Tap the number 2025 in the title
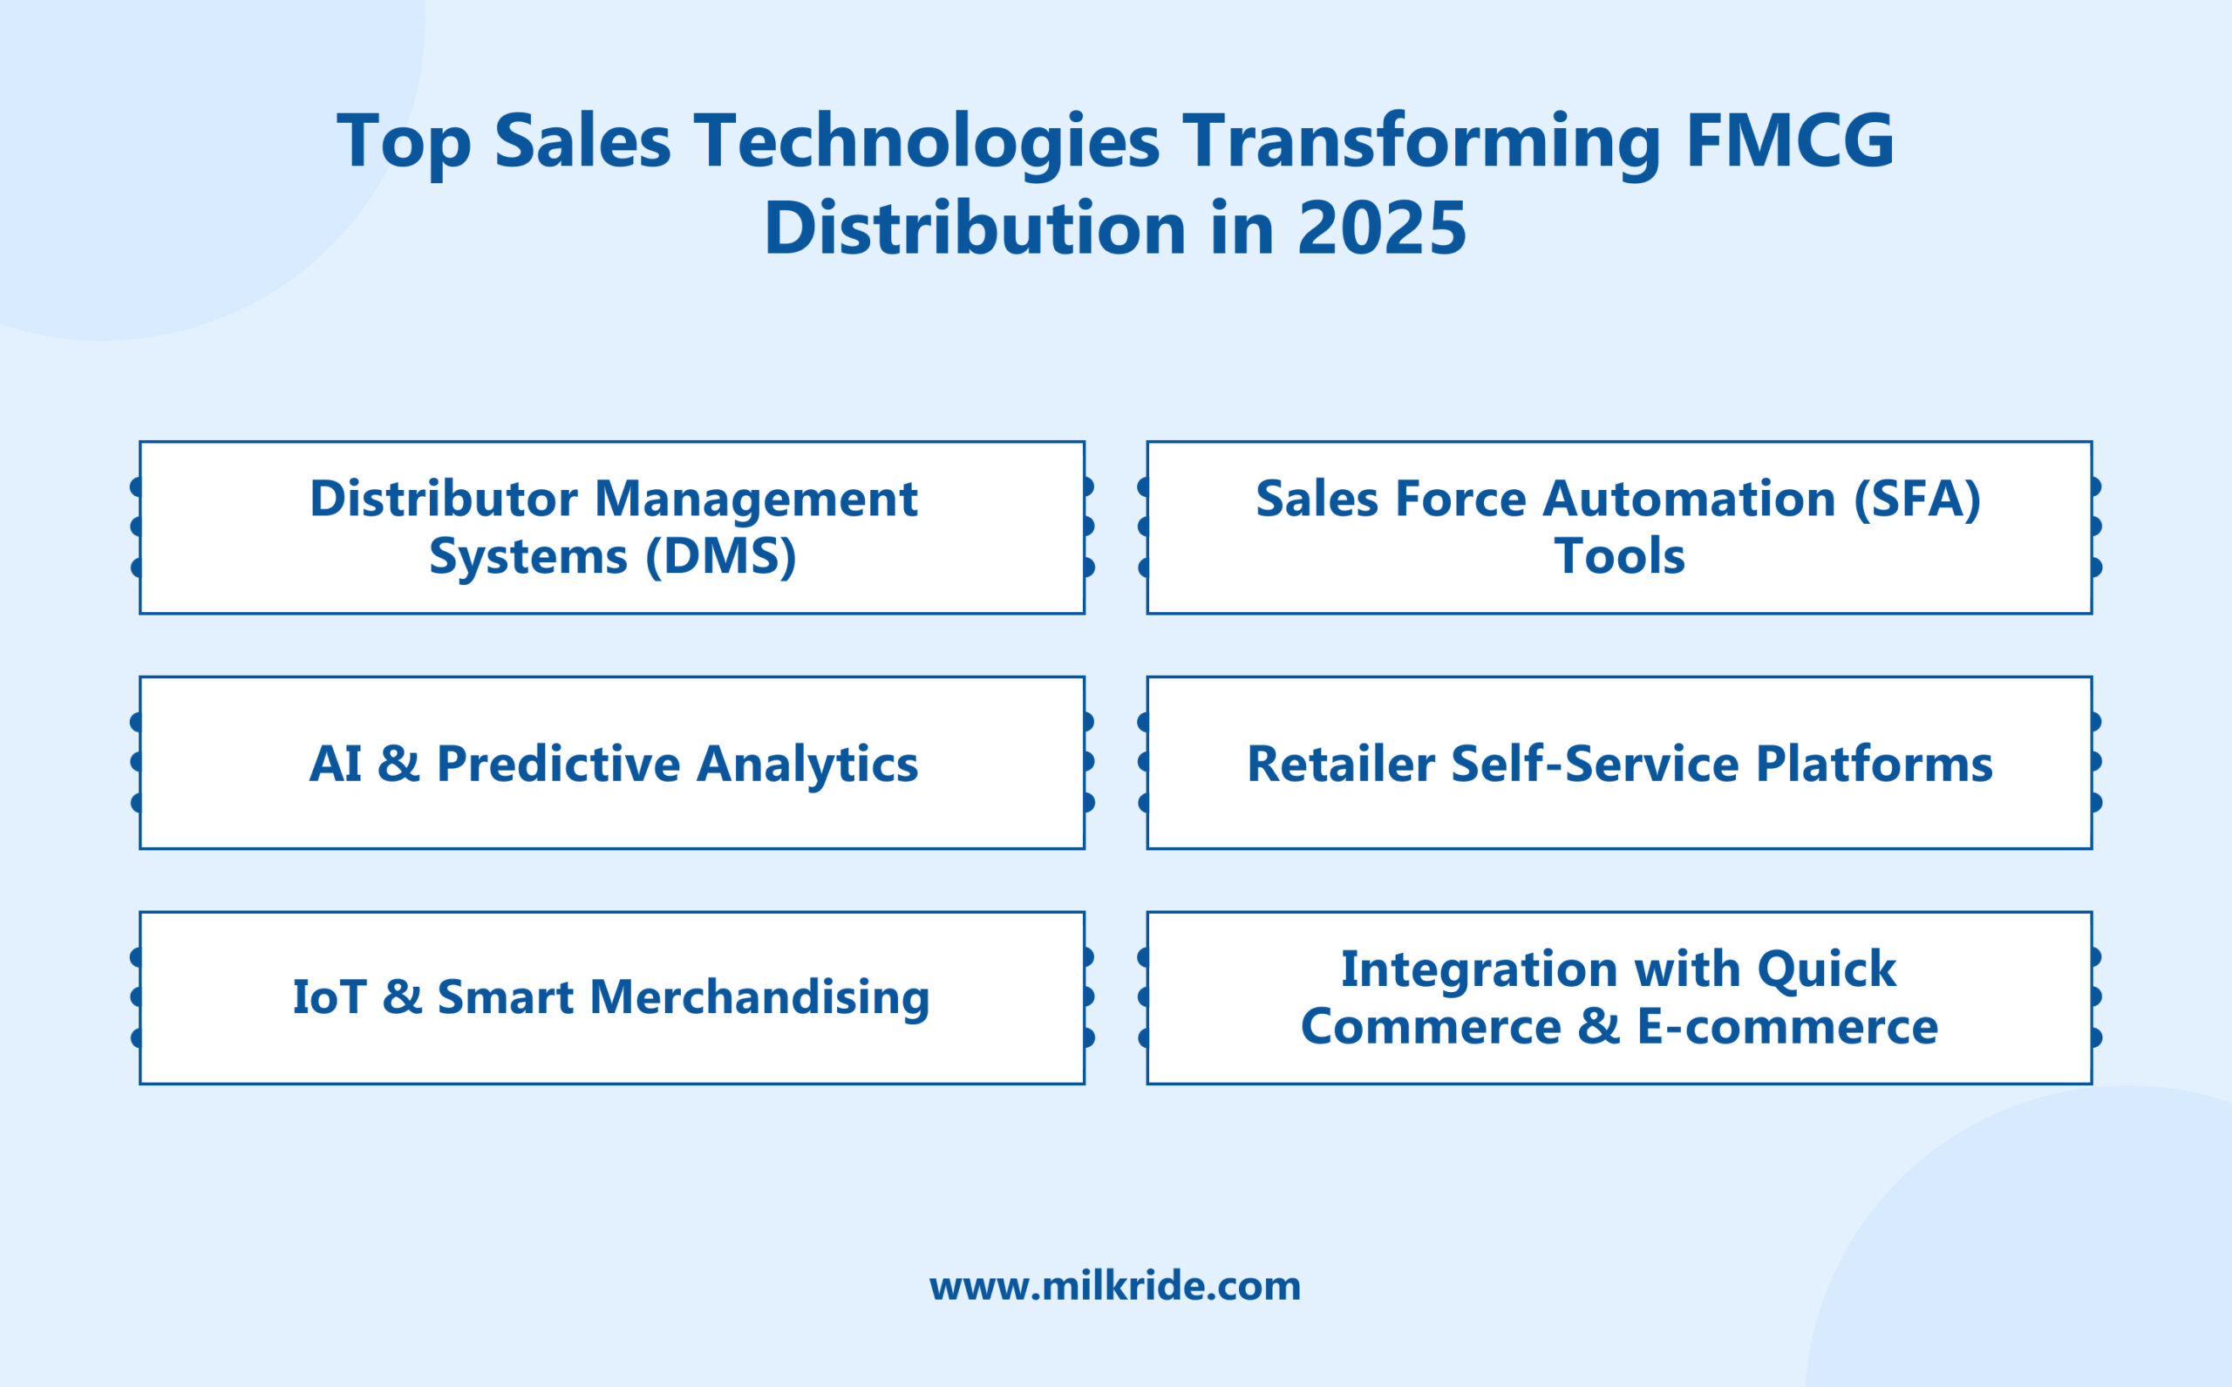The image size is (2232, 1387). [1382, 228]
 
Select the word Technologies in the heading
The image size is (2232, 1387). [926, 141]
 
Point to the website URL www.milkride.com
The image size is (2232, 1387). [1114, 1286]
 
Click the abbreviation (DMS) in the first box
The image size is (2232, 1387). [721, 556]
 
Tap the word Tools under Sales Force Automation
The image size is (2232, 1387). [1619, 556]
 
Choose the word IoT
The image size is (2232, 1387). [329, 997]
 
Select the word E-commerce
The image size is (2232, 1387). [1787, 1025]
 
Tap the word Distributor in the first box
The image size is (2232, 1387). [443, 499]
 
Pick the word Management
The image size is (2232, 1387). [756, 499]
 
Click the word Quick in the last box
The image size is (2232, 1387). [1827, 969]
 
